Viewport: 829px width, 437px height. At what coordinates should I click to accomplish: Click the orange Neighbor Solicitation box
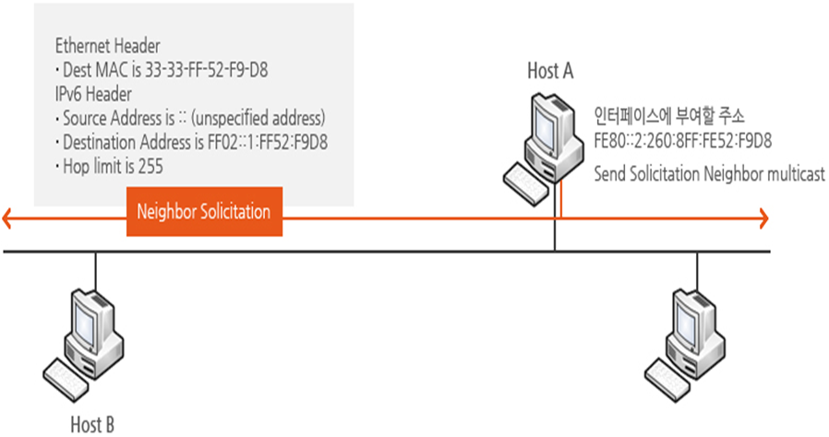[x=203, y=212]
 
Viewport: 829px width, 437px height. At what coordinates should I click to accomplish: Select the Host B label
[x=92, y=425]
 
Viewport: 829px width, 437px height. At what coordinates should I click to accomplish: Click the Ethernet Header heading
[x=107, y=45]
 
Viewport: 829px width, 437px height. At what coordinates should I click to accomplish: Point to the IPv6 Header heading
[x=93, y=94]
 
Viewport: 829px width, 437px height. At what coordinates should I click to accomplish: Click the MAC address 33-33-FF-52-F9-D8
[x=212, y=69]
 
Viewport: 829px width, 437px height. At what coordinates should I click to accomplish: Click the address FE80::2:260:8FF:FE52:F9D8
[x=683, y=141]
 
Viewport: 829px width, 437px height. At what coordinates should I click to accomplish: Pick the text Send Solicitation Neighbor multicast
[x=709, y=173]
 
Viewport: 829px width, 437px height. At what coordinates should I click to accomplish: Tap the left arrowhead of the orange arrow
[x=9, y=218]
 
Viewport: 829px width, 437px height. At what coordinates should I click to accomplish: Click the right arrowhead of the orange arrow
[x=762, y=218]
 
